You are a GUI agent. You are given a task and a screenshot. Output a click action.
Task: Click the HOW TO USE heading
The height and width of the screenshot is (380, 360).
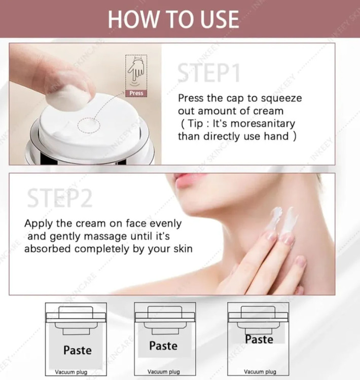pos(173,19)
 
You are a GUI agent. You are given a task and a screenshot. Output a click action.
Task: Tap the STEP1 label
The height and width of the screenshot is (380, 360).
pos(209,72)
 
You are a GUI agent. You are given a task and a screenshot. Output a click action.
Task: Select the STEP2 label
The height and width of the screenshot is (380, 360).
pos(60,198)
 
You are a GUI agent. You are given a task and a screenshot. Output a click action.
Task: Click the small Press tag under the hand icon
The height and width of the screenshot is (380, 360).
pos(136,93)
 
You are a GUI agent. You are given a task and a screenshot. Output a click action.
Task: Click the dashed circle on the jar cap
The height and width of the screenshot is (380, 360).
pos(89,125)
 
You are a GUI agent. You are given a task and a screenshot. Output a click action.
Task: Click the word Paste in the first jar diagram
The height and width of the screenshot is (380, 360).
pos(78,350)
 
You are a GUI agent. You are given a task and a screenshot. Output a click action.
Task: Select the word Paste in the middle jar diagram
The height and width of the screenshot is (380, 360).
pos(163,346)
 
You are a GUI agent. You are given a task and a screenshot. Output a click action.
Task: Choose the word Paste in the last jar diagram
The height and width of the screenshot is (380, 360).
pos(259,339)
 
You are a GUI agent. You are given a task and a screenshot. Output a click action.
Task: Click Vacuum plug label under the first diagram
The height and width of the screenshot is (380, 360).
pos(71,372)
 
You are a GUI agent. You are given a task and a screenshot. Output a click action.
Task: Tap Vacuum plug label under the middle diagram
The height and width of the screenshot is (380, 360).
pos(164,372)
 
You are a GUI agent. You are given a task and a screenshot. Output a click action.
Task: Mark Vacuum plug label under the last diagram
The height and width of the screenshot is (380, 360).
pos(260,372)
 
